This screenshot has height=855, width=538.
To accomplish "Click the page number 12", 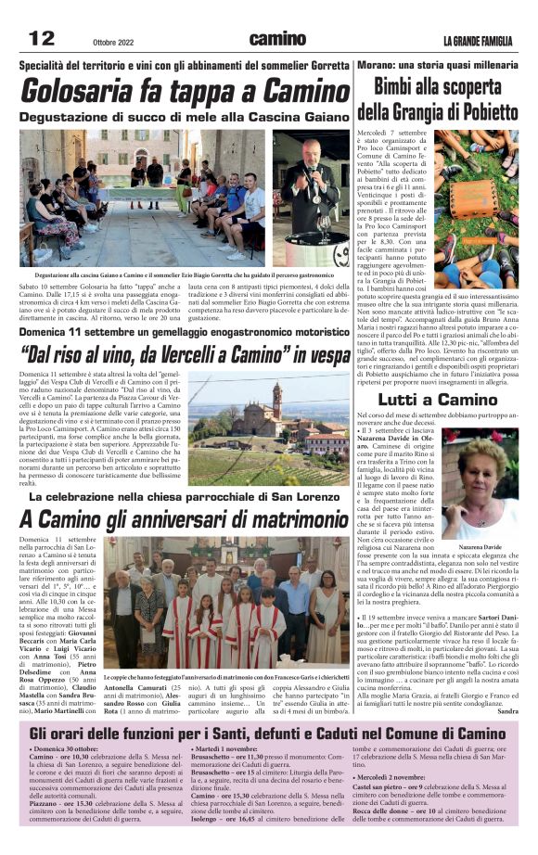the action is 41,38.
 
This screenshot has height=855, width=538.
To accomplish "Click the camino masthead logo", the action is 276,39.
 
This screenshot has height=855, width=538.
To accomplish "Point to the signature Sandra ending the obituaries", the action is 507,711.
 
